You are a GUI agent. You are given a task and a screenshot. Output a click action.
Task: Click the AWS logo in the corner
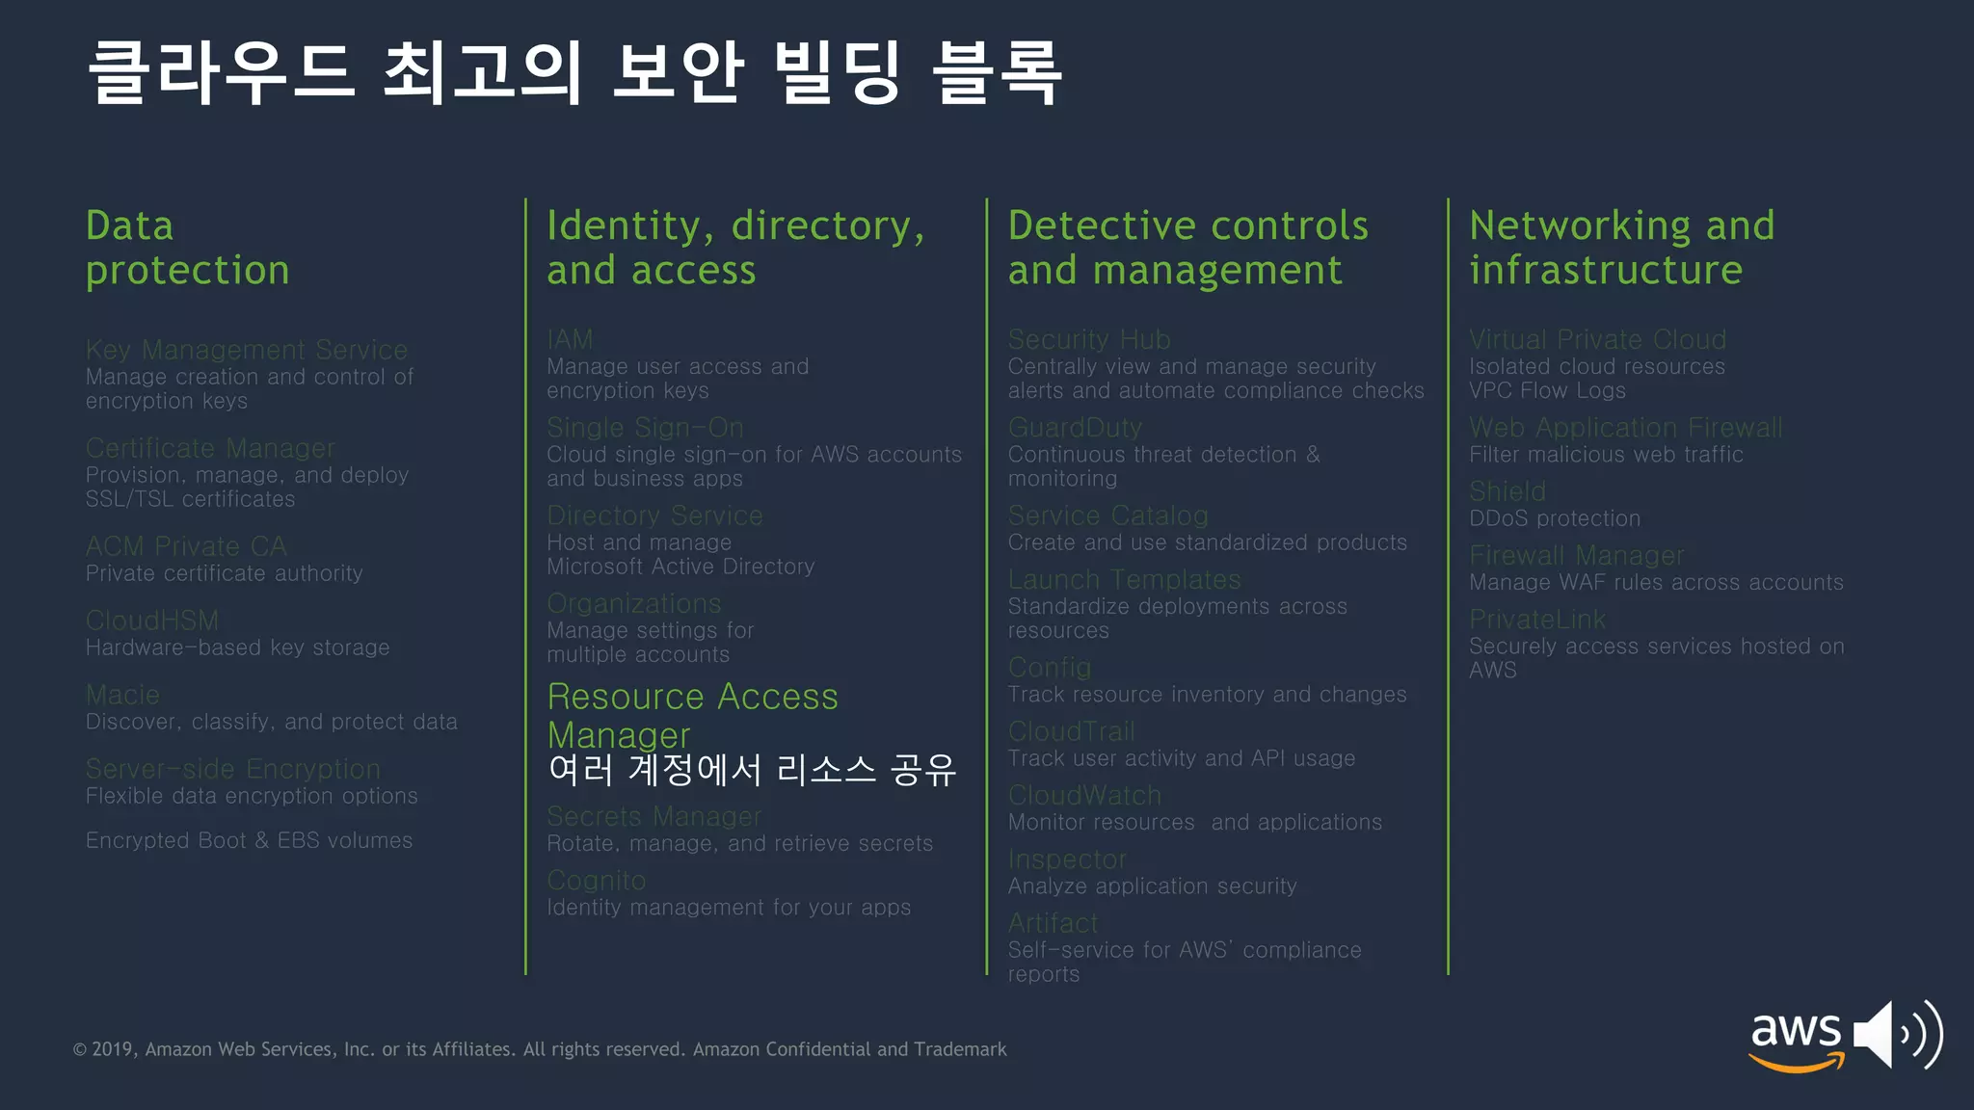tap(1797, 1039)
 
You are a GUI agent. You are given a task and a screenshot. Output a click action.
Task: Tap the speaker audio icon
tap(1897, 1035)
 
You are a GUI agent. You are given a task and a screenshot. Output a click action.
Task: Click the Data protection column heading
tap(187, 248)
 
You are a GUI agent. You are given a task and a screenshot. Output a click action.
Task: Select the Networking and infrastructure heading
tap(1621, 248)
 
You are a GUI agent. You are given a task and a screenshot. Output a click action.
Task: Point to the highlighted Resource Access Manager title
tap(692, 715)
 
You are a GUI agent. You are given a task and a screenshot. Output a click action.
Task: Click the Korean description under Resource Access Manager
tap(752, 770)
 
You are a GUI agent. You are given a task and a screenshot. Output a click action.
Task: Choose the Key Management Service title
tap(247, 350)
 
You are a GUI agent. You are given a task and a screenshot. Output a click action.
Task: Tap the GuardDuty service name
tap(1075, 428)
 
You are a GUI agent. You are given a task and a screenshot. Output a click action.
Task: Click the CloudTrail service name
tap(1071, 732)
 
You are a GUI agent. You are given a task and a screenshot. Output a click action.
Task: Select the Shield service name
tap(1507, 492)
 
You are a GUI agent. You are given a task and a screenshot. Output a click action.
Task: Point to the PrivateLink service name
tap(1537, 620)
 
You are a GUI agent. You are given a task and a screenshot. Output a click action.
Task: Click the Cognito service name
tap(597, 881)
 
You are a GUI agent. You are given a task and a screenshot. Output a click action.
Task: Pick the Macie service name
tap(122, 695)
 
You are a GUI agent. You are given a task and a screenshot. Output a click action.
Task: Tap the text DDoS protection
tap(1554, 518)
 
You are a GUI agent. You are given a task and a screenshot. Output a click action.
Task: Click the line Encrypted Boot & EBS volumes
tap(249, 840)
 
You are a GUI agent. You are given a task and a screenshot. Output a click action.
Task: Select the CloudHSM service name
tap(152, 621)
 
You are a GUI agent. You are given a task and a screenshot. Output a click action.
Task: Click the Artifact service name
tap(1053, 923)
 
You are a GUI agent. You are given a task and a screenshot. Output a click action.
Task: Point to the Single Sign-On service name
tap(645, 428)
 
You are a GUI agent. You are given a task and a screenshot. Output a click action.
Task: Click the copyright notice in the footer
tap(540, 1049)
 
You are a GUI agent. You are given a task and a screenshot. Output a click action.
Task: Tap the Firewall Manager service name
tap(1576, 556)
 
